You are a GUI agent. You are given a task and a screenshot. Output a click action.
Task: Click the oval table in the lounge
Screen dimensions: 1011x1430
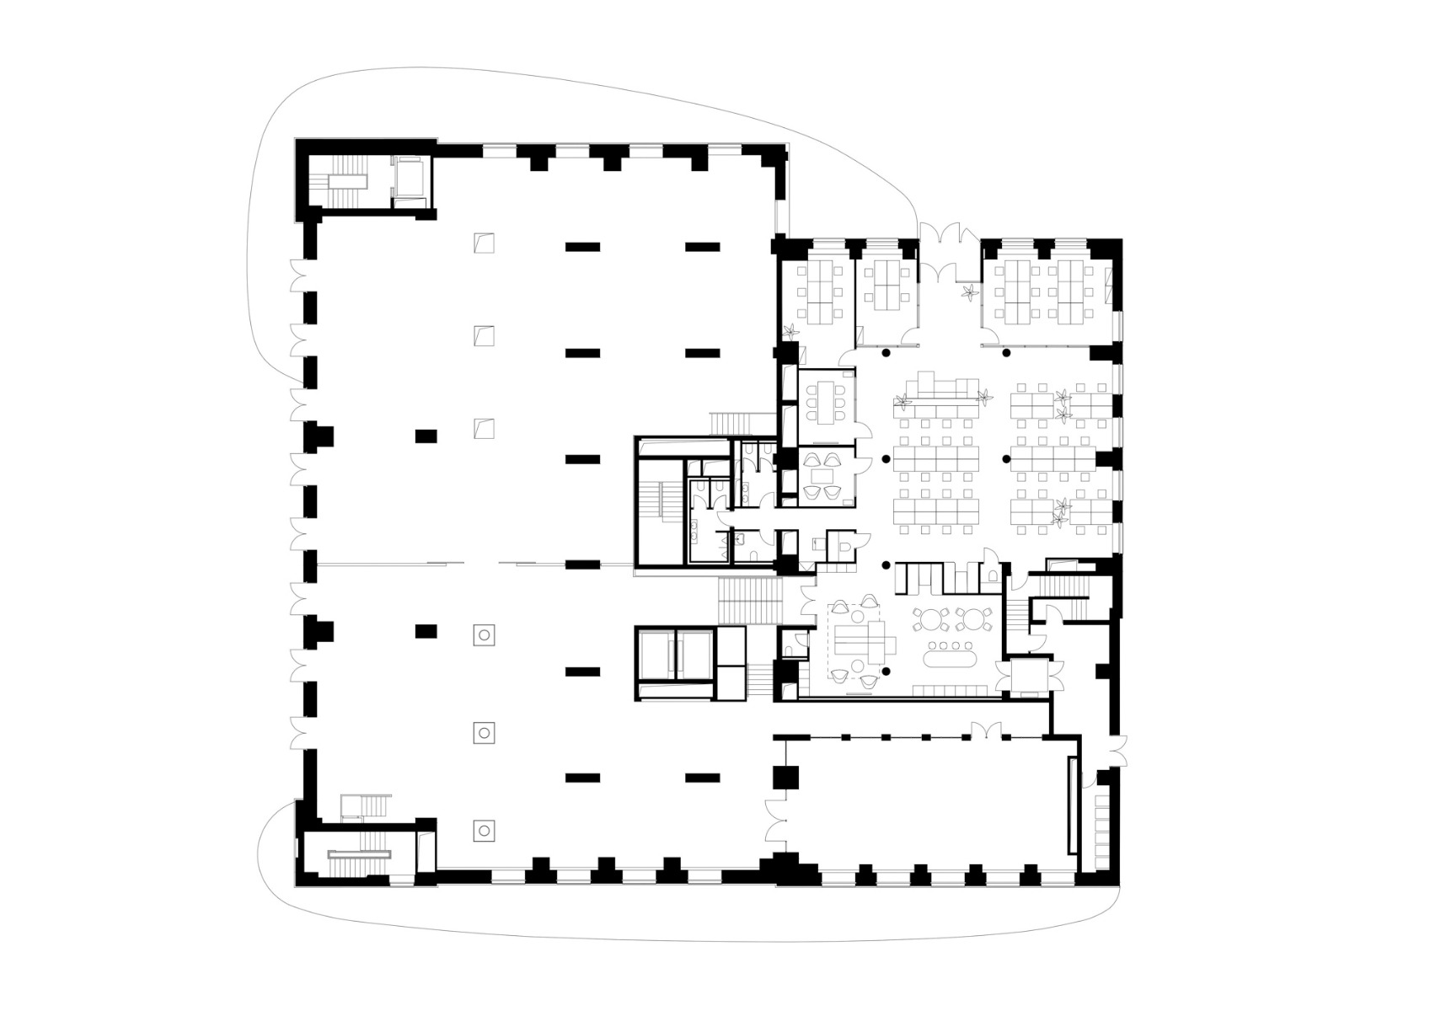pyautogui.click(x=948, y=655)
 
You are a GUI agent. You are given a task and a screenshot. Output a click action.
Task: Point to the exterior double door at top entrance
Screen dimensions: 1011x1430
pyautogui.click(x=951, y=233)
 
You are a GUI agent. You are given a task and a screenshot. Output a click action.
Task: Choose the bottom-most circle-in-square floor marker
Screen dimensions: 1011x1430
pyautogui.click(x=485, y=831)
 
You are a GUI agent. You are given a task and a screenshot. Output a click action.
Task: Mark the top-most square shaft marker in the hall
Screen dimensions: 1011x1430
pyautogui.click(x=484, y=243)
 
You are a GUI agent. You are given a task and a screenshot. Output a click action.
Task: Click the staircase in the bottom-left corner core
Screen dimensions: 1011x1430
pyautogui.click(x=360, y=854)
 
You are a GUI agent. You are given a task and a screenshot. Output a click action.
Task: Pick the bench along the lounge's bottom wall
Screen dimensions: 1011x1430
pyautogui.click(x=954, y=690)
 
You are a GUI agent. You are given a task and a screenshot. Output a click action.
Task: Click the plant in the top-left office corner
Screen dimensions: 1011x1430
pyautogui.click(x=791, y=332)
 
